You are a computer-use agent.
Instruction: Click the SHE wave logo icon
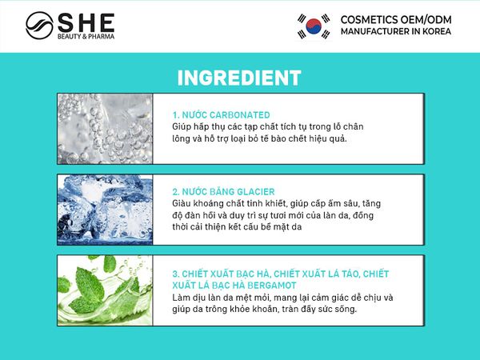click(39, 24)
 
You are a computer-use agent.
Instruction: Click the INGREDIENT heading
click(238, 78)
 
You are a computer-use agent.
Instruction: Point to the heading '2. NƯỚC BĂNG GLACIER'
click(223, 192)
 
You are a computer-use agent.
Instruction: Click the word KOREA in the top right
click(434, 31)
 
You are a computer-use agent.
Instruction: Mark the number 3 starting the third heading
click(175, 274)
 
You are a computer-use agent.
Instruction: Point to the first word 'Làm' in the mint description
click(182, 298)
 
